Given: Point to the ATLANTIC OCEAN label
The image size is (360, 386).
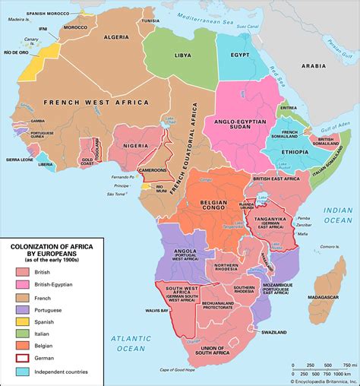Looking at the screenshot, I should tap(125, 343).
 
